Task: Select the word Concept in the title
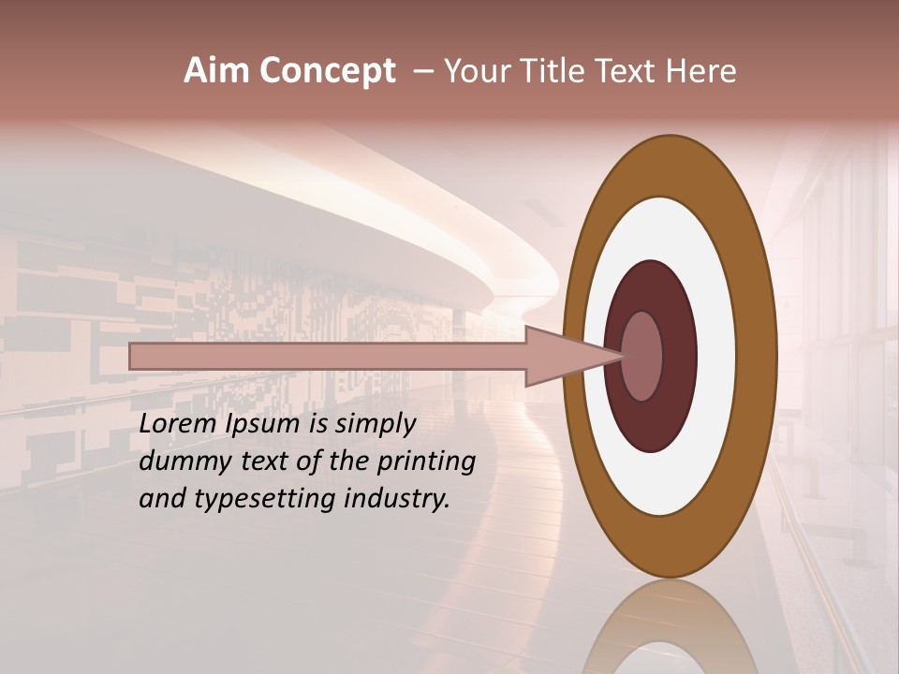coord(327,72)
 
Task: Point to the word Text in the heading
coord(629,71)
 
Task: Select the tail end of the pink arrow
coord(134,357)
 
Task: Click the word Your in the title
coord(474,71)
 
